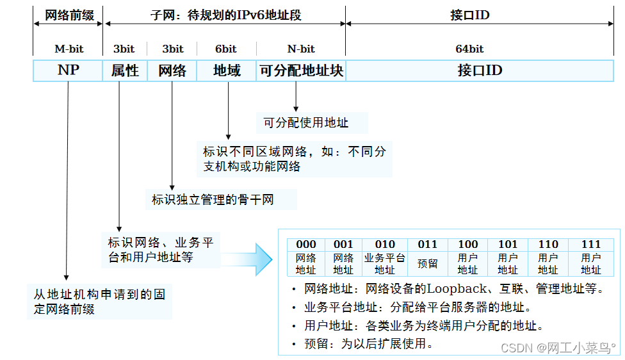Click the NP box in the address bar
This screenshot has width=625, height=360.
point(68,70)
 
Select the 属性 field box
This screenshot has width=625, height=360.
point(125,70)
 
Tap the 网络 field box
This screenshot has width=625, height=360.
point(172,70)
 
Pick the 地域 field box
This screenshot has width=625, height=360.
point(227,70)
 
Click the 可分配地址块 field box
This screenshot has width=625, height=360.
point(301,70)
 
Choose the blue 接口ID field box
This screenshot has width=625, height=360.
point(480,70)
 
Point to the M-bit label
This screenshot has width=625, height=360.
point(69,49)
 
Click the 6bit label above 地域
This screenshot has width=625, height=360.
point(225,49)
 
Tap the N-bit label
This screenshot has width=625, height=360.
point(301,49)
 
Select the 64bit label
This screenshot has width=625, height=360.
point(469,49)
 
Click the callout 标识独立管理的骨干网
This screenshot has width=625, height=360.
point(213,200)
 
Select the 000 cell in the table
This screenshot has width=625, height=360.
point(306,244)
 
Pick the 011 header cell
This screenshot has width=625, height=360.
point(427,244)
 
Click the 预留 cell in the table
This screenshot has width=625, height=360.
point(427,263)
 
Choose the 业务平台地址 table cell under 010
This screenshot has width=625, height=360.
point(385,263)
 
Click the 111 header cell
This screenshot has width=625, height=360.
point(591,244)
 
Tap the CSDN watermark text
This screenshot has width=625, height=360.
point(557,347)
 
